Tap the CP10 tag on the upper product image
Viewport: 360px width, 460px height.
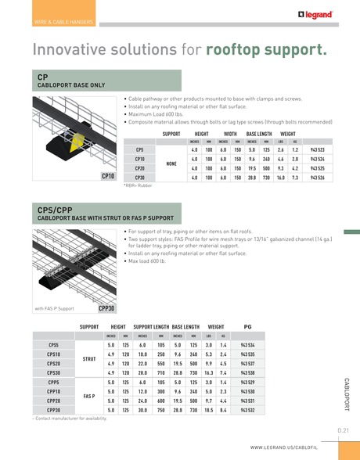pos(109,177)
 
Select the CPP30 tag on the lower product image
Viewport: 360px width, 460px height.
pos(106,308)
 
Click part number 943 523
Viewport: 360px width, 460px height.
pos(318,149)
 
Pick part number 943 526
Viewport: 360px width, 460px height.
pos(318,178)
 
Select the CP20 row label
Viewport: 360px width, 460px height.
pos(139,168)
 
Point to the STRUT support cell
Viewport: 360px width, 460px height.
pos(89,358)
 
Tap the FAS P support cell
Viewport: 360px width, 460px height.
pos(89,396)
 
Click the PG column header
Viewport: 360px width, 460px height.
pos(247,325)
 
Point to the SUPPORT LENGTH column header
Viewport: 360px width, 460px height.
pos(152,325)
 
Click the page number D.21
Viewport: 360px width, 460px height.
pos(343,431)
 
